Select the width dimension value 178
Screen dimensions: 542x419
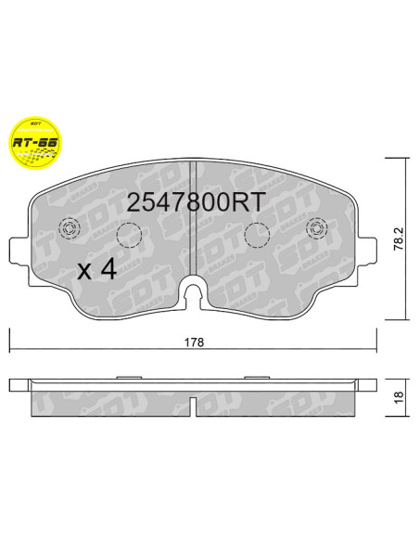[x=194, y=342]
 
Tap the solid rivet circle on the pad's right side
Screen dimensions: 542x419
[x=317, y=229]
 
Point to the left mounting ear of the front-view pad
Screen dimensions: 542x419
[x=17, y=251]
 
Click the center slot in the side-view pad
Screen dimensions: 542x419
[x=193, y=404]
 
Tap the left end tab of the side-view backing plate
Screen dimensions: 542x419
[x=19, y=384]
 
